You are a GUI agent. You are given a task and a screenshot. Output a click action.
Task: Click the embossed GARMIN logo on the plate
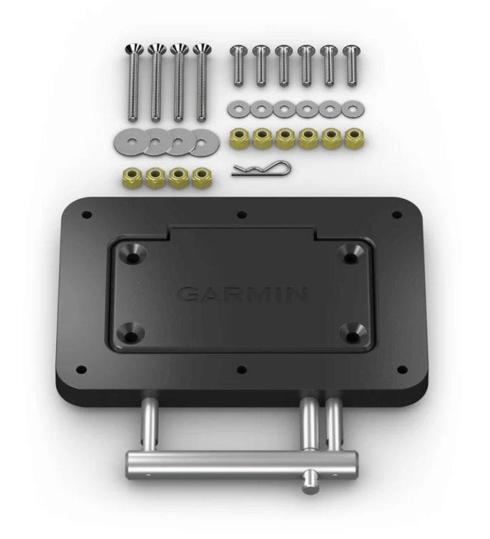[x=242, y=294]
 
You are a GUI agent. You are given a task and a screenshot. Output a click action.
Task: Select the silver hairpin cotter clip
[x=261, y=169]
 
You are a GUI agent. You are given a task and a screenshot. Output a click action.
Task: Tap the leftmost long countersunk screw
[x=134, y=83]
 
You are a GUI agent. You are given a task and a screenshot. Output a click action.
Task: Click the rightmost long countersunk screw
[x=202, y=83]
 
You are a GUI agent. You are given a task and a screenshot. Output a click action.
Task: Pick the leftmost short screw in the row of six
[x=239, y=66]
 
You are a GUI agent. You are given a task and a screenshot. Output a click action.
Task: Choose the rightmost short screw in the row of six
[x=351, y=66]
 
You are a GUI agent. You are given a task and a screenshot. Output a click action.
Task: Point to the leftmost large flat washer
[x=132, y=141]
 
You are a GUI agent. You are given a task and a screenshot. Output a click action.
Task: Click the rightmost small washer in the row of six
[x=353, y=109]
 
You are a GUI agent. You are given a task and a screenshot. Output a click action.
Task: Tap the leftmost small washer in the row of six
[x=239, y=109]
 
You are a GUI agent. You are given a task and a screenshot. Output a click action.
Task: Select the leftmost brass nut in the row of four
[x=132, y=178]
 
